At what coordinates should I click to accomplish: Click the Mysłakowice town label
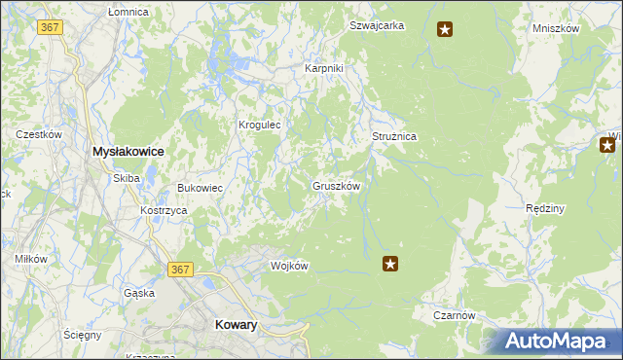click(127, 152)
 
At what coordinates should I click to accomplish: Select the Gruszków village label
click(337, 185)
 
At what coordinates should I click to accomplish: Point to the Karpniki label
click(324, 68)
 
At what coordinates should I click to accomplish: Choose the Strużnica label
click(394, 137)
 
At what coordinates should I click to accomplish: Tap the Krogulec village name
click(260, 125)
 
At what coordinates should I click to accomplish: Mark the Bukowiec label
click(201, 188)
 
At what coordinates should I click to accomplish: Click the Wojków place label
click(289, 267)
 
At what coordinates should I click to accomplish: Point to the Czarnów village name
click(454, 315)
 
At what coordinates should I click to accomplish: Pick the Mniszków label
click(556, 28)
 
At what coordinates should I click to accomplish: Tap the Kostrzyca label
click(163, 210)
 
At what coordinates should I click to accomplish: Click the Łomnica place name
click(128, 11)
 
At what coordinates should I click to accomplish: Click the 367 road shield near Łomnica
click(51, 27)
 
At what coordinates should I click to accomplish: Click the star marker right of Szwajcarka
click(445, 29)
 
